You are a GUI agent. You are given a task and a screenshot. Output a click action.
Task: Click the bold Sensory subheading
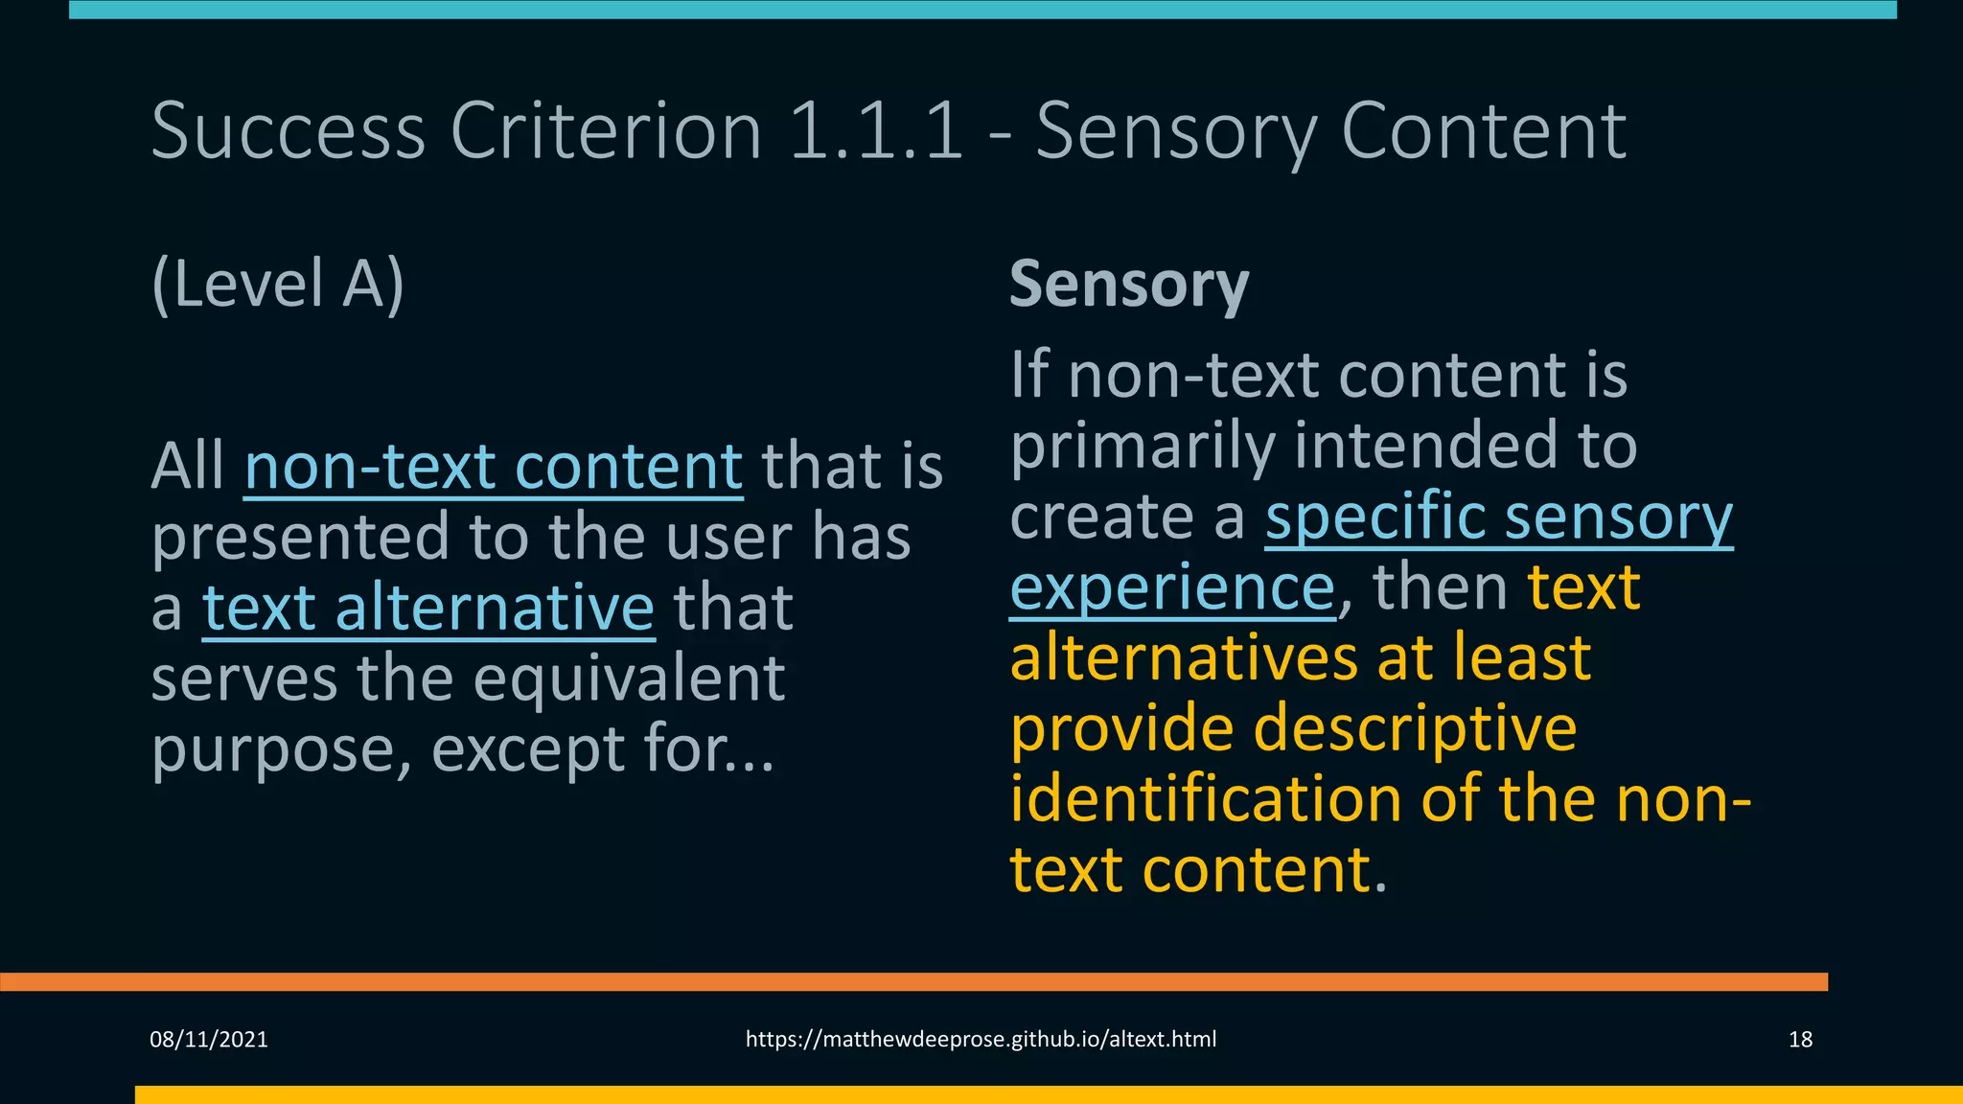(1129, 285)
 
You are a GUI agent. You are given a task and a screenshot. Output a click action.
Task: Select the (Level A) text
(278, 285)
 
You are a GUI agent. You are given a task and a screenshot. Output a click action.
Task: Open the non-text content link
(494, 467)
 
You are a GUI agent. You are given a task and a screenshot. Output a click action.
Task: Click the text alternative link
(428, 609)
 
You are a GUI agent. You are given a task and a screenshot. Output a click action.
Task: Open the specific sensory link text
(1499, 518)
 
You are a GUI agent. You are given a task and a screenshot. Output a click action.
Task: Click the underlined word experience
(1172, 587)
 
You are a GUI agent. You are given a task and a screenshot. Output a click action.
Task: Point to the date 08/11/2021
(209, 1040)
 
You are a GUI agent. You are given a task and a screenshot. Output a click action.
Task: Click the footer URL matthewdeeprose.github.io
(981, 1040)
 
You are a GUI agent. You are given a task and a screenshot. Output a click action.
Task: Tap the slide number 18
(1800, 1040)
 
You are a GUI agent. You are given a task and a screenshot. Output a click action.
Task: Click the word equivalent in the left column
(629, 679)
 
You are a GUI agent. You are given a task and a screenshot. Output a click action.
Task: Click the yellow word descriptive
(1415, 729)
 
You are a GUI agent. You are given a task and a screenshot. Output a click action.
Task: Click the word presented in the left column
(300, 538)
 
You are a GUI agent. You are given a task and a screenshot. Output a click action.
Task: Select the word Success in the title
(289, 131)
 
